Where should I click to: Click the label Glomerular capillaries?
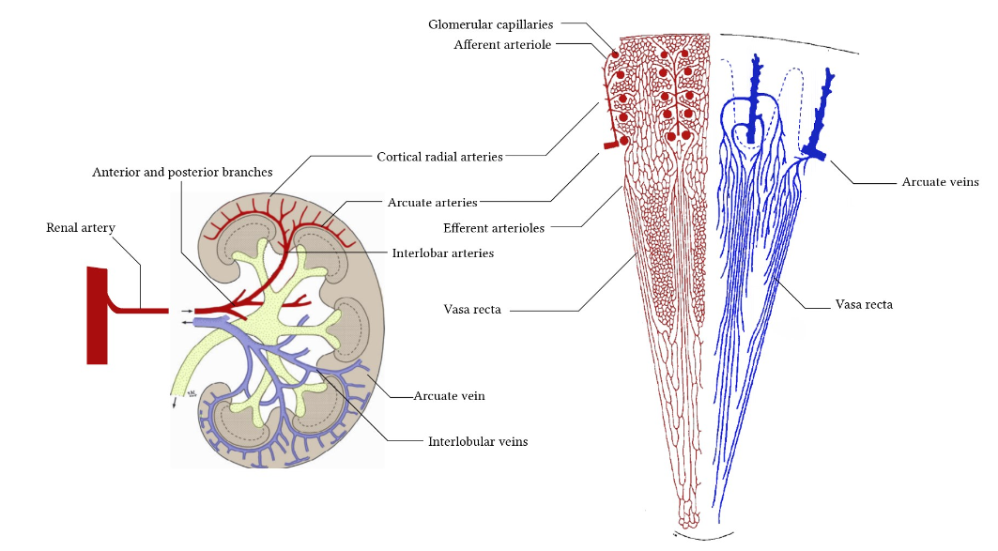tap(490, 24)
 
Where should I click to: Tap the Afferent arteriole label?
tap(502, 44)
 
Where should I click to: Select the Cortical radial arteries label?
tap(439, 157)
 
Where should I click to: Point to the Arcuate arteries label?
tap(432, 203)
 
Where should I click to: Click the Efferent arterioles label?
tap(494, 228)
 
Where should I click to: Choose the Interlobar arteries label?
tap(443, 253)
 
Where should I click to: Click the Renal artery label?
tap(80, 228)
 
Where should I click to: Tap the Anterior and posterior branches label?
tap(182, 173)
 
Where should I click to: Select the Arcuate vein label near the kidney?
tap(450, 396)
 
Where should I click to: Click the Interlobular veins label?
tap(478, 441)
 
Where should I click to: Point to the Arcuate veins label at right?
tap(940, 182)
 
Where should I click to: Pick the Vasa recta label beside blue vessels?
tap(864, 305)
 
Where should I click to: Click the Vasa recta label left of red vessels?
tap(472, 309)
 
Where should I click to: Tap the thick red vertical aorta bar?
tap(97, 315)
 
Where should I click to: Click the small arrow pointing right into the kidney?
tap(186, 311)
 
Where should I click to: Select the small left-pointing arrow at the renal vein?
tap(186, 323)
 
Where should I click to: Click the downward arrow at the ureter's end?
tap(175, 402)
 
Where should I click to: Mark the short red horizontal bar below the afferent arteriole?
tap(610, 145)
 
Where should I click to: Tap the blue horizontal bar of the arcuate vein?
tap(814, 153)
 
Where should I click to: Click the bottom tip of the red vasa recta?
tap(688, 527)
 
